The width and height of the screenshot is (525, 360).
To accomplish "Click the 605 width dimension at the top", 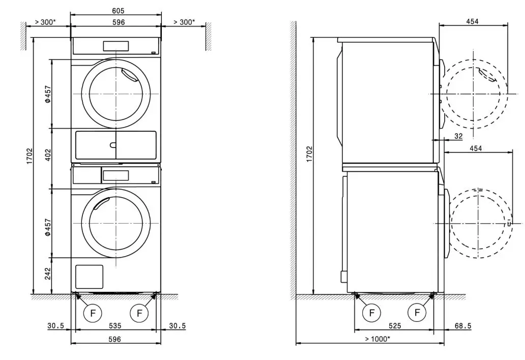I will (x=118, y=11).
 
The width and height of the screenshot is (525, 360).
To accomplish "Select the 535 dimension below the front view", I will (x=115, y=326).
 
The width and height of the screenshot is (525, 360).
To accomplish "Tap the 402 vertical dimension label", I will (x=47, y=155).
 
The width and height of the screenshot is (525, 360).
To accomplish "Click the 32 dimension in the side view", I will (x=458, y=136).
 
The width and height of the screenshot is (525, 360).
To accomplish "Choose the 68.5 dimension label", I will (x=464, y=326).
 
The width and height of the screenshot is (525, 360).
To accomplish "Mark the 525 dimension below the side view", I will (x=395, y=326).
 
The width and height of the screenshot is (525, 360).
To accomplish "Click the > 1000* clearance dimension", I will (x=377, y=339).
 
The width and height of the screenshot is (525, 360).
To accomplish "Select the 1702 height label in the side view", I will (x=310, y=155).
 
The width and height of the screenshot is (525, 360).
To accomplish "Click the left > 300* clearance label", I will (x=45, y=22).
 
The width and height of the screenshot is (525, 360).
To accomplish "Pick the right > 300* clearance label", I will (x=184, y=22).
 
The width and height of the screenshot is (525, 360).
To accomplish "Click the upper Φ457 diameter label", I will (x=47, y=94).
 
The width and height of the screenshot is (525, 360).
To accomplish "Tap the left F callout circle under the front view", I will (x=93, y=313).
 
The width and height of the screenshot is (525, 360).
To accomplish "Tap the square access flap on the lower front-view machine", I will (x=89, y=277).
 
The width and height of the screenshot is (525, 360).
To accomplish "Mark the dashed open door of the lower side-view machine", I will (x=481, y=223).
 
